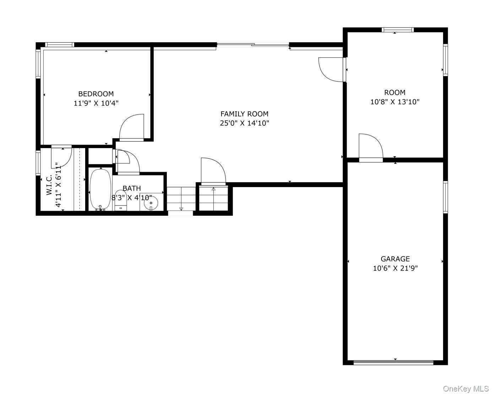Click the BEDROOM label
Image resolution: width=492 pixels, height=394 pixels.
[96, 94]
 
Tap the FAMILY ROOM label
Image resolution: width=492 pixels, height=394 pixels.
[244, 114]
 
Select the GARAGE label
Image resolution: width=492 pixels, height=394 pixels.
[395, 259]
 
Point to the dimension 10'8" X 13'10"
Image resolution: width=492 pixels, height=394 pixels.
[395, 102]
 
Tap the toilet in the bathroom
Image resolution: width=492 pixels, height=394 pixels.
[121, 202]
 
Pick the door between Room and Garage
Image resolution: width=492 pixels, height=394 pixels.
[371, 147]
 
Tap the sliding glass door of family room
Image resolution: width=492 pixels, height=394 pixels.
[253, 45]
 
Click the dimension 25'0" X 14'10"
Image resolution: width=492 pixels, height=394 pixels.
[244, 123]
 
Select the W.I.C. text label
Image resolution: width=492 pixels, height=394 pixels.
[49, 185]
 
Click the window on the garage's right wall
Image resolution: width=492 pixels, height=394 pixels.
[445, 197]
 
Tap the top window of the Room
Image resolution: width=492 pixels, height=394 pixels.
[397, 30]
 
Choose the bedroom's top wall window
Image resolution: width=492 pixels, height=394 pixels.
[60, 45]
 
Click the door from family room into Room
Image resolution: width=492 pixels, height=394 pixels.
[332, 69]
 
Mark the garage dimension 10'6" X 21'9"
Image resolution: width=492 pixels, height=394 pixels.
[395, 268]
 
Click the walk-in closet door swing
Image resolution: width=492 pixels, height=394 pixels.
[61, 156]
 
